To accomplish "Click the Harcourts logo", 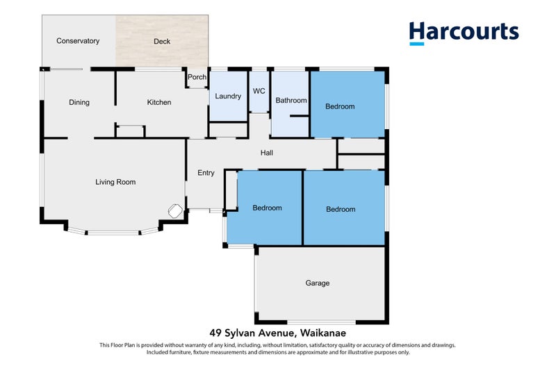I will [x=464, y=32].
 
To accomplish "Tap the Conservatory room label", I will [x=78, y=41].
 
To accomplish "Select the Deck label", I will [x=162, y=42].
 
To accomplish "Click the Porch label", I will [x=197, y=77].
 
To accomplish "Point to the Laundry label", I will [x=228, y=96].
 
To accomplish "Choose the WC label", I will [x=259, y=91].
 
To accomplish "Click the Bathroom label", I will [x=291, y=101].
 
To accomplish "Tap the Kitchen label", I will [x=159, y=103].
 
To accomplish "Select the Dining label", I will [x=79, y=103].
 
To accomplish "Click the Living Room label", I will [x=115, y=182].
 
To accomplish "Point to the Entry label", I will [x=206, y=173].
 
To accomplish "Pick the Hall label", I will [x=267, y=153].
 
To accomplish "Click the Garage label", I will [x=318, y=283].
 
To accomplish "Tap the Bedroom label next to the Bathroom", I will [x=341, y=106].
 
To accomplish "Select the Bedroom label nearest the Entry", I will [x=267, y=208].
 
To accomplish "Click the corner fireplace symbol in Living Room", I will [x=175, y=211].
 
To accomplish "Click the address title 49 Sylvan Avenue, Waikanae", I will [x=278, y=333].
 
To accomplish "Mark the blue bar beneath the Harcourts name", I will [x=417, y=44].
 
